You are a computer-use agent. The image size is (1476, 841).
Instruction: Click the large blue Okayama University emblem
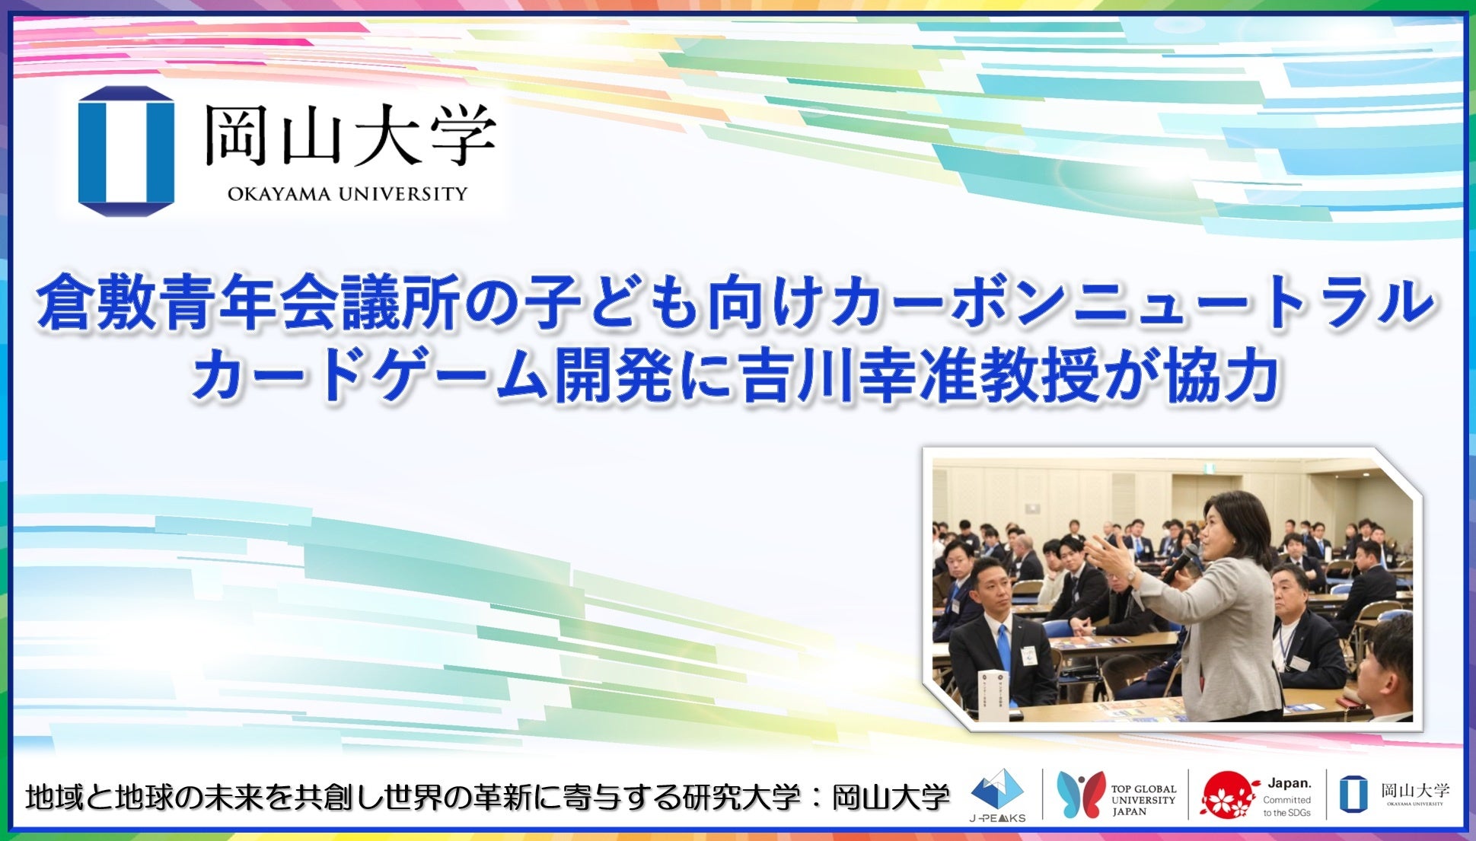coord(126,151)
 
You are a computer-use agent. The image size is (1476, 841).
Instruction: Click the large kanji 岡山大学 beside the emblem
coord(349,135)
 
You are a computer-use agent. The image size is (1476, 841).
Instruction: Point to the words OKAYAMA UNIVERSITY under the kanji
coord(347,194)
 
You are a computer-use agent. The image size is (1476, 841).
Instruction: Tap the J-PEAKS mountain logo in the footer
coord(997,792)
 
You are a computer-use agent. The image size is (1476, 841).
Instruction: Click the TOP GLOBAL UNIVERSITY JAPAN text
coord(1143,800)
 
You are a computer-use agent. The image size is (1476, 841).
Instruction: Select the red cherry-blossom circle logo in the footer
coord(1226,795)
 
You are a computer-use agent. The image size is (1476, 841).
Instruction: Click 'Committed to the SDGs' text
coord(1286,806)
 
